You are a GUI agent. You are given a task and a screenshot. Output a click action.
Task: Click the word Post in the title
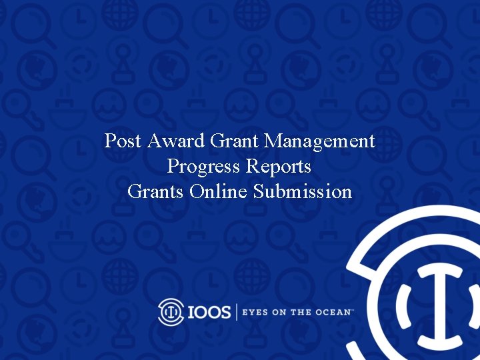point(124,141)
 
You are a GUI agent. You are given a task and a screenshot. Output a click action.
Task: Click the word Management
point(319,141)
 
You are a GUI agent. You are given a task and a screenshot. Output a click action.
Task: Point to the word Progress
point(204,167)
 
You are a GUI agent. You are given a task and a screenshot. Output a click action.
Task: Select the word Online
point(219,192)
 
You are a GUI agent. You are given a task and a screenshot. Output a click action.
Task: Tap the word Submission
point(302,192)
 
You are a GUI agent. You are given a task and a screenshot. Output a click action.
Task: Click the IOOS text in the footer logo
point(209,312)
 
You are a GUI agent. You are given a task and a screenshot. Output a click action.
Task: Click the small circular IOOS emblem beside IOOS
point(171,311)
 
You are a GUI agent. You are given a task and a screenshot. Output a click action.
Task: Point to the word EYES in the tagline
point(255,312)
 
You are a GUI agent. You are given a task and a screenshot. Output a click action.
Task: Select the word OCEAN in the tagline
point(331,312)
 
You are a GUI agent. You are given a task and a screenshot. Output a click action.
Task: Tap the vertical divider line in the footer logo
point(236,312)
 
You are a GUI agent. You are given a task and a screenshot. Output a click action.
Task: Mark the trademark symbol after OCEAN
point(351,310)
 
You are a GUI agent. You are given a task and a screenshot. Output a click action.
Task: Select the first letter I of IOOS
point(189,312)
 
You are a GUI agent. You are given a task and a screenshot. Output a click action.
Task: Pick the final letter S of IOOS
point(225,312)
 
